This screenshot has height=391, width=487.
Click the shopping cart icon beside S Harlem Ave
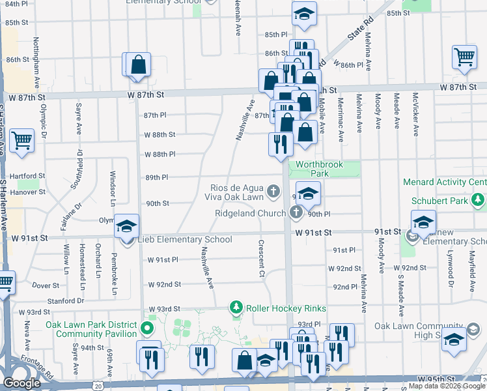(21, 139)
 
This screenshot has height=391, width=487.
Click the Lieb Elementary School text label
(185, 240)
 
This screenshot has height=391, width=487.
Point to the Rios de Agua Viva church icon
(274, 192)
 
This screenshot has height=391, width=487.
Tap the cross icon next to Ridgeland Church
(296, 212)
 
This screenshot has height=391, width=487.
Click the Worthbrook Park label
(319, 169)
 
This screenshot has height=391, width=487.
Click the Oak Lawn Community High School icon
(454, 340)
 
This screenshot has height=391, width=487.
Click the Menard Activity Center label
(445, 182)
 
